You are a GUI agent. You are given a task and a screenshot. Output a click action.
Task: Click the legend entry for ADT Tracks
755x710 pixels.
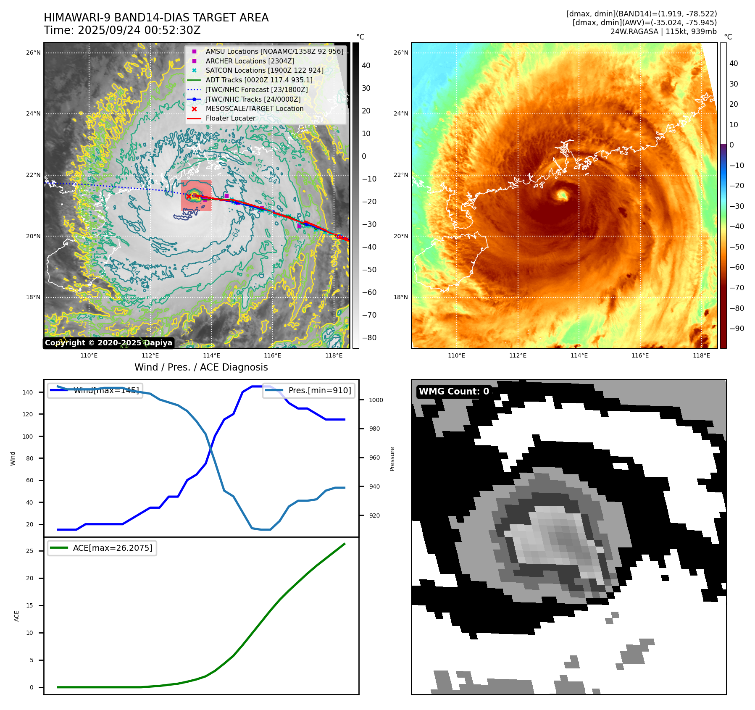(x=259, y=80)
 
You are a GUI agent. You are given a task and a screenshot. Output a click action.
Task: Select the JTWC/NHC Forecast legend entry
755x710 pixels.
(x=256, y=89)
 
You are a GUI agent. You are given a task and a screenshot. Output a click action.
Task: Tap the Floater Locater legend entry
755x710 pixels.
(x=230, y=118)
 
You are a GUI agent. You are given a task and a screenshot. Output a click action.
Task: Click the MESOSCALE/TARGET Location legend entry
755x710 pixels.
(x=254, y=108)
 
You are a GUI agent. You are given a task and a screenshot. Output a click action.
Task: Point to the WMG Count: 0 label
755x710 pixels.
(x=454, y=392)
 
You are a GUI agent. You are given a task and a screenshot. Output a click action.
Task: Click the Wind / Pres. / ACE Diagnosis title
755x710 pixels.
(x=201, y=367)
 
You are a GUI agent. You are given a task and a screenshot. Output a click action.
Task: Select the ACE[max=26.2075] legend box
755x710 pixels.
(x=102, y=548)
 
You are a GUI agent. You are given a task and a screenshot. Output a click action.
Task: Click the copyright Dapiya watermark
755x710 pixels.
(x=108, y=343)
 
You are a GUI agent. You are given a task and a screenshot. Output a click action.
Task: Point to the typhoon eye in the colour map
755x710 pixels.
(x=562, y=195)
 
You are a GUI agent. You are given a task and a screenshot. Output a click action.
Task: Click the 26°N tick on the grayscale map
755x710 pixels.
(x=34, y=53)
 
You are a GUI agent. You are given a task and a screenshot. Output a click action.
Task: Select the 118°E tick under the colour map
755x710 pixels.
(x=701, y=355)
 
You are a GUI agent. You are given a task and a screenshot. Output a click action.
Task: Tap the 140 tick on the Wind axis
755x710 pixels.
(x=28, y=392)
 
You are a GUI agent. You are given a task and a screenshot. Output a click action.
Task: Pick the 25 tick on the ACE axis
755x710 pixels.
(x=30, y=551)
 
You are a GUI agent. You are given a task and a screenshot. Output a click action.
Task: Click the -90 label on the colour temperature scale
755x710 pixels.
(x=737, y=329)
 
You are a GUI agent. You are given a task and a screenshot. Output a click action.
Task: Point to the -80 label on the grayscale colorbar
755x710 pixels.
(x=369, y=338)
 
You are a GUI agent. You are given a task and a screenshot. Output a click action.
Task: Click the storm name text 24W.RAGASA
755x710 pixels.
(x=634, y=32)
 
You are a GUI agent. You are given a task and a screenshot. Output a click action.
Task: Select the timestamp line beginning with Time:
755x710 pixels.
(x=122, y=30)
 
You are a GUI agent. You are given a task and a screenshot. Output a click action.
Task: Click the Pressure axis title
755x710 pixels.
(x=392, y=459)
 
